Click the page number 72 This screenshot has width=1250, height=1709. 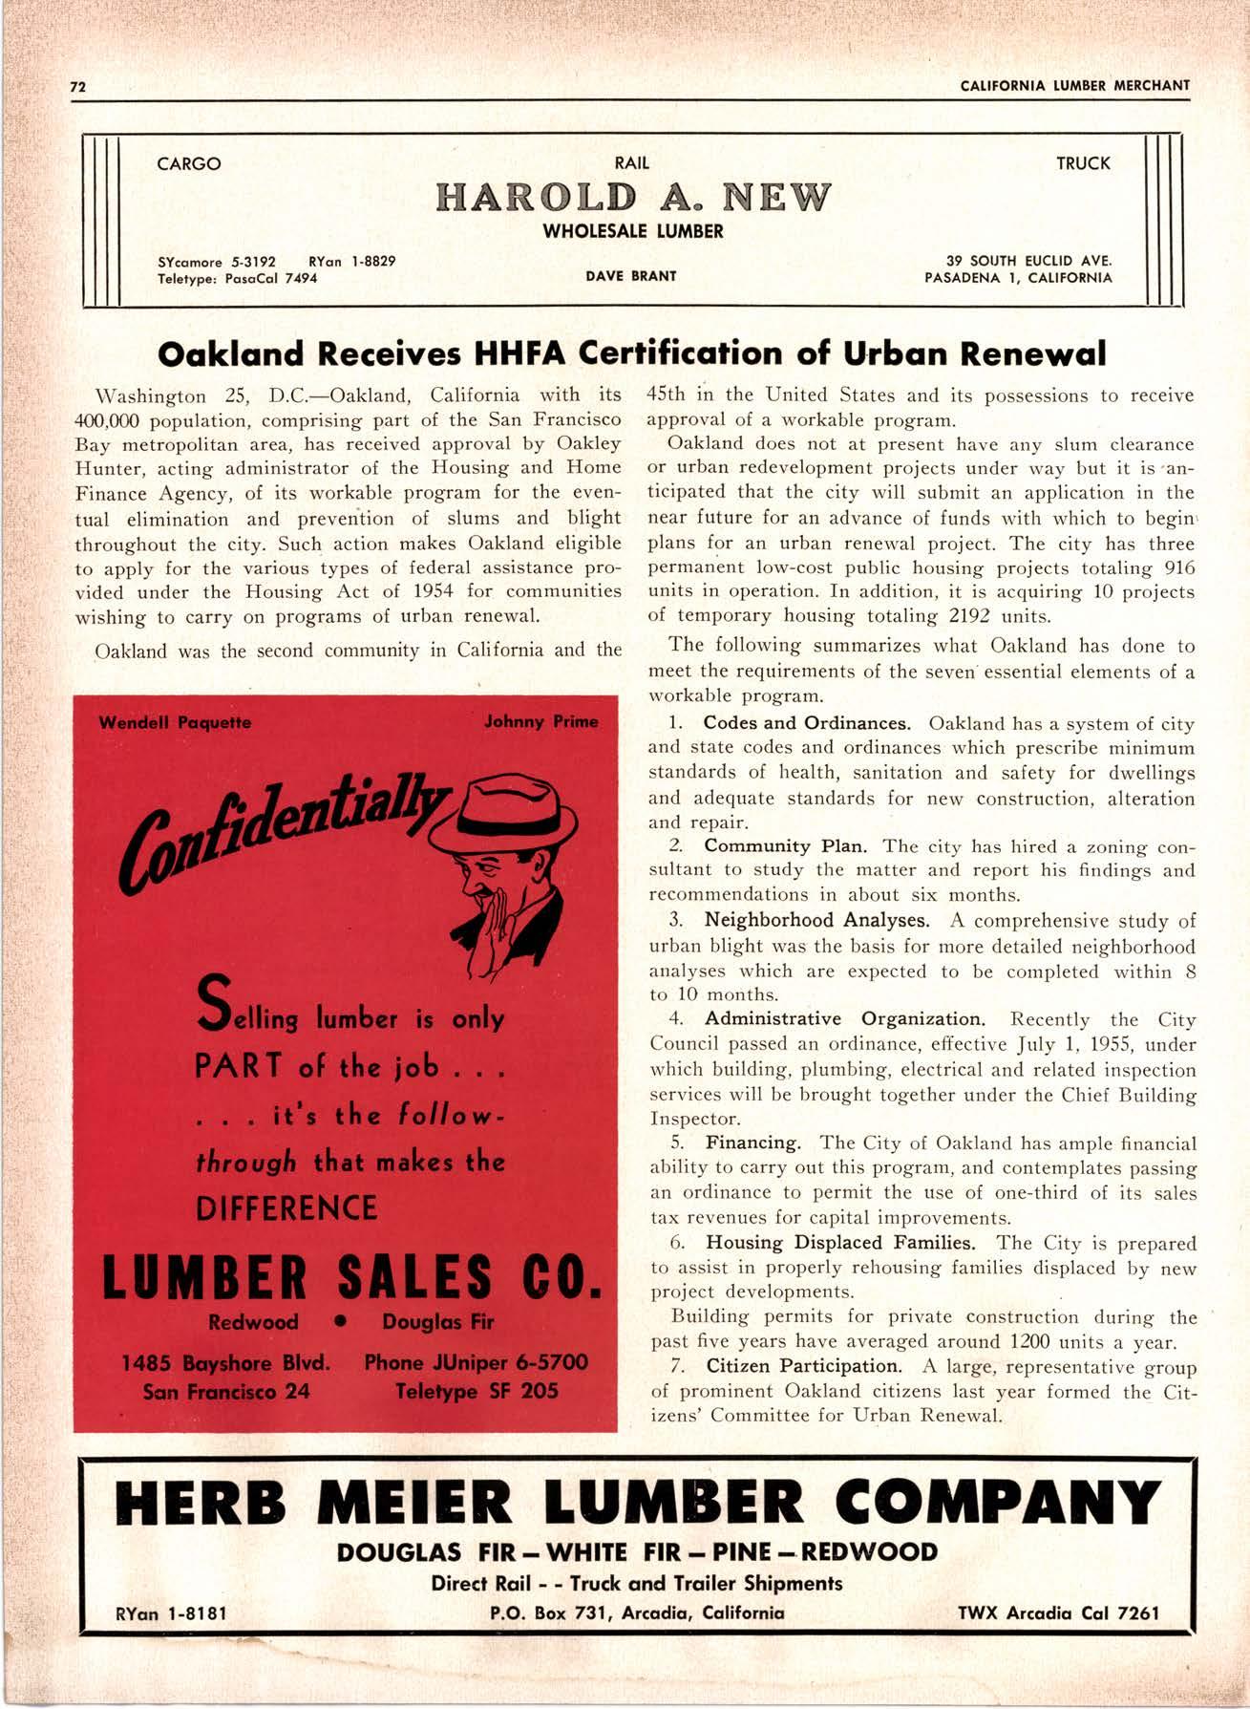[x=78, y=86]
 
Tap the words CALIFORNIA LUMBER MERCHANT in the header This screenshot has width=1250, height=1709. [x=1075, y=85]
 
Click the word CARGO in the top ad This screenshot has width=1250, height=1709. [x=188, y=163]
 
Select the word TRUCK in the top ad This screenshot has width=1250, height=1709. [x=1083, y=163]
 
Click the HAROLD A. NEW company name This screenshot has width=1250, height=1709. [x=632, y=198]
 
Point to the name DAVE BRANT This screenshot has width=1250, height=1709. [x=631, y=276]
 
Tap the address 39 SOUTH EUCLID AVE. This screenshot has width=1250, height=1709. [x=1029, y=260]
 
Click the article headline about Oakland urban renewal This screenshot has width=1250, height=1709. [x=631, y=353]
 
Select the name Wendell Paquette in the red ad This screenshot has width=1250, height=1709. [x=175, y=722]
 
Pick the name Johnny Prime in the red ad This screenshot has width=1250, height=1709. [x=540, y=721]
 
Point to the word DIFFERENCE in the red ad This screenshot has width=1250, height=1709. [x=286, y=1208]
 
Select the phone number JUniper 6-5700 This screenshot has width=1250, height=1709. [x=476, y=1361]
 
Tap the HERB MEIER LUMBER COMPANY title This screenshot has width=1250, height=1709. [x=637, y=1503]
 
